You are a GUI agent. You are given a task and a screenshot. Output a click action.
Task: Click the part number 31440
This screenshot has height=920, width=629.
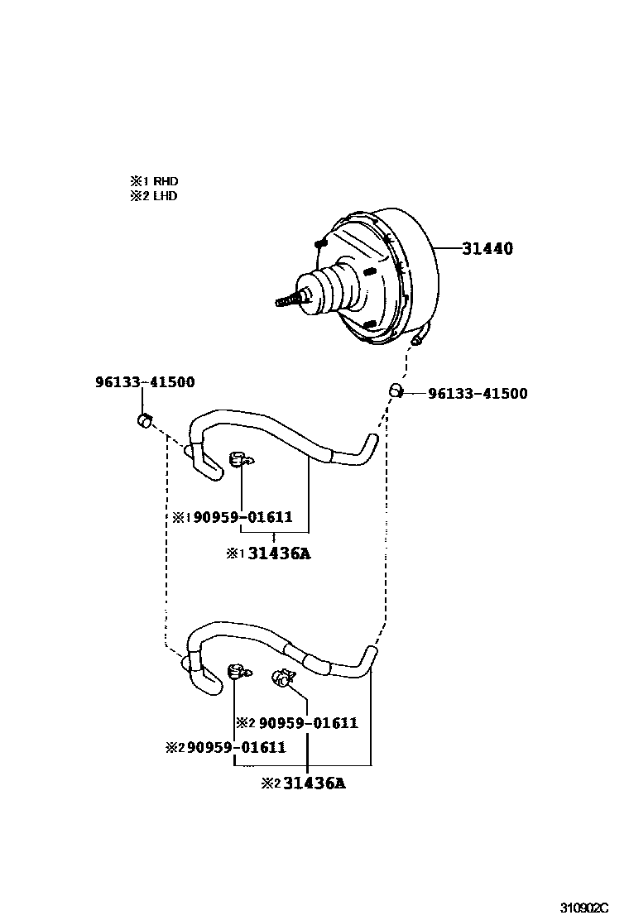pyautogui.click(x=487, y=248)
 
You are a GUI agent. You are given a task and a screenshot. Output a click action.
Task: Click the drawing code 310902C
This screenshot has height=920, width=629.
pyautogui.click(x=592, y=906)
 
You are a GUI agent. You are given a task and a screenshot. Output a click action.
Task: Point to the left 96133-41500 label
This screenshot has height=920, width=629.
pyautogui.click(x=145, y=382)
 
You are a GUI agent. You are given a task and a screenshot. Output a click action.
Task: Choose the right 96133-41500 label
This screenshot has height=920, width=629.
pyautogui.click(x=477, y=394)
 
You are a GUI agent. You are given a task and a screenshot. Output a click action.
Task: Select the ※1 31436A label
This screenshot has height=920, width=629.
pyautogui.click(x=268, y=553)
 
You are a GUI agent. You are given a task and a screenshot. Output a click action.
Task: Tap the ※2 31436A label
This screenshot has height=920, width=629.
pyautogui.click(x=303, y=783)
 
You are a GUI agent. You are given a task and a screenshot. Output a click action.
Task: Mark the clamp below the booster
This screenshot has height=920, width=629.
pyautogui.click(x=396, y=391)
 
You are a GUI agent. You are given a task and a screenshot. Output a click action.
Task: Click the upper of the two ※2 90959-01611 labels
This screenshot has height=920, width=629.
pyautogui.click(x=297, y=723)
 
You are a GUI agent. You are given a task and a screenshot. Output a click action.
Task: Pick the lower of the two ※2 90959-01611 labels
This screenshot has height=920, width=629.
pyautogui.click(x=226, y=748)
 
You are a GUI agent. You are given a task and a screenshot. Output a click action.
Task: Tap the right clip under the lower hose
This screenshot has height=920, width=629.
pyautogui.click(x=282, y=678)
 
